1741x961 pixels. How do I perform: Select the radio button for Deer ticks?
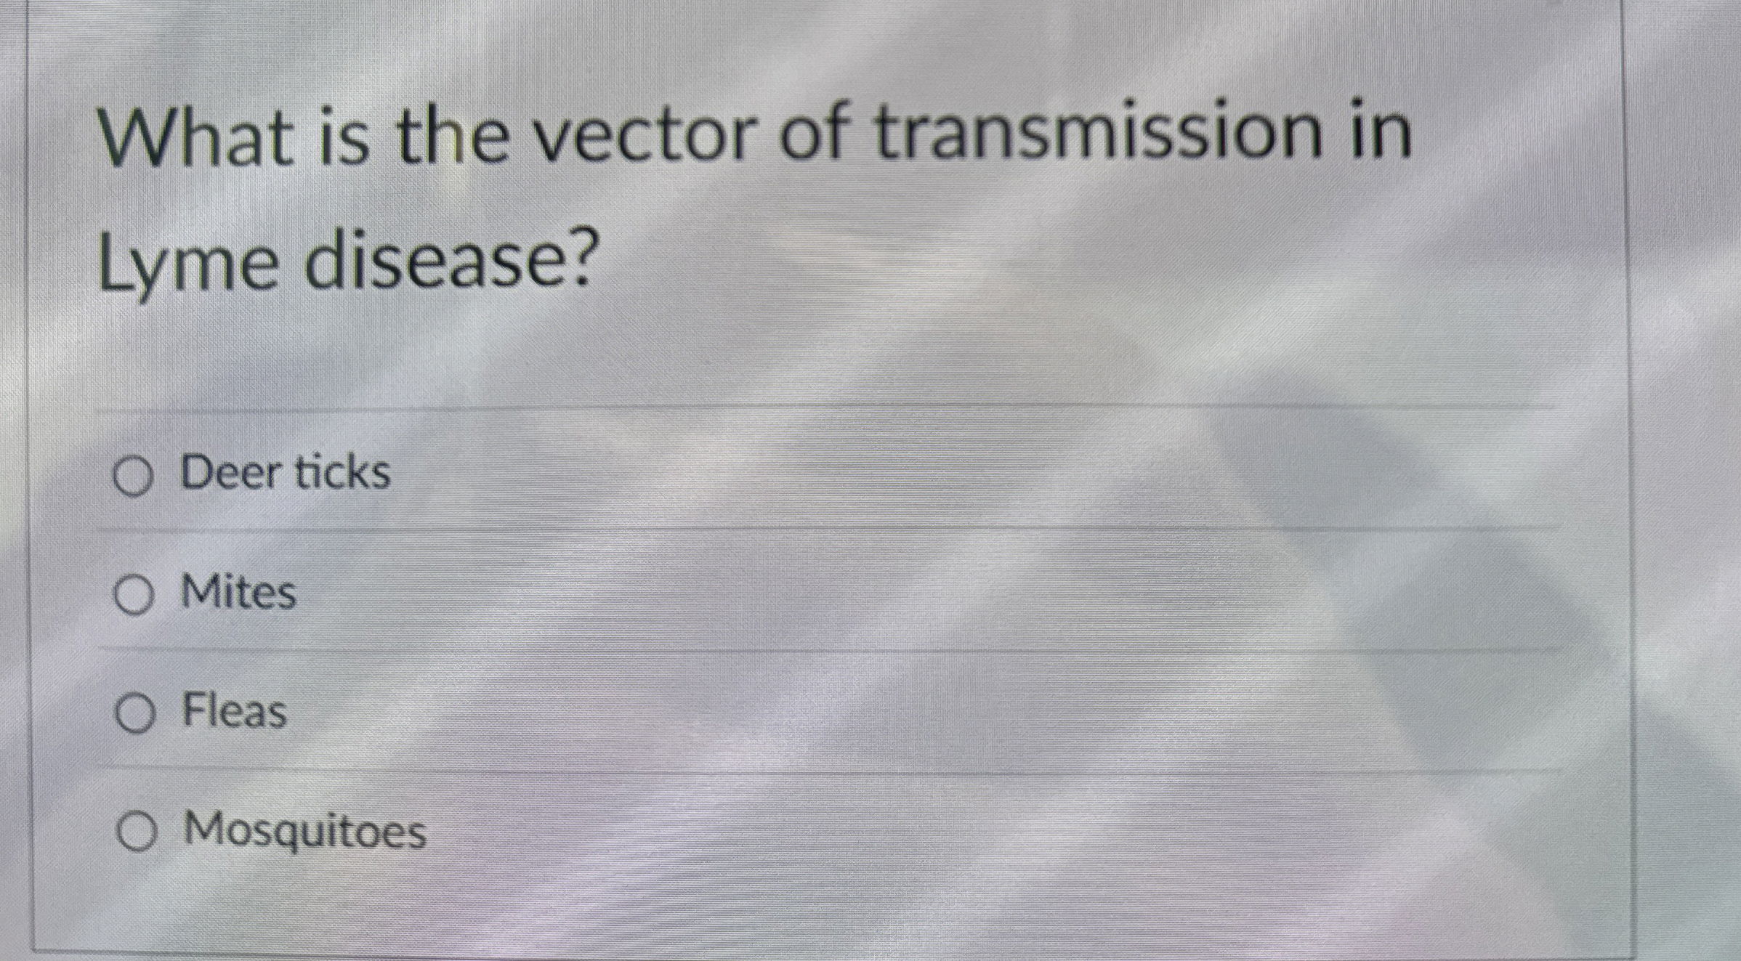pos(134,477)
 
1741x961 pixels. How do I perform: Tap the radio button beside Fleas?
pos(135,714)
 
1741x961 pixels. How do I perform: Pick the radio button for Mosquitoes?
pos(136,832)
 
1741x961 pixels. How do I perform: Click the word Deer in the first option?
pos(232,473)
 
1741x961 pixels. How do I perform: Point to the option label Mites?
pos(238,592)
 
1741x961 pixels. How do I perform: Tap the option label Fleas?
pos(234,710)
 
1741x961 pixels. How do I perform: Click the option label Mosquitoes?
pos(304,830)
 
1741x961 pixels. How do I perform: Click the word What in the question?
pos(196,138)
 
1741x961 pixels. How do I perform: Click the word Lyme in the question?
pos(187,264)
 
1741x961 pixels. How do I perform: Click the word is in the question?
pos(344,137)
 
